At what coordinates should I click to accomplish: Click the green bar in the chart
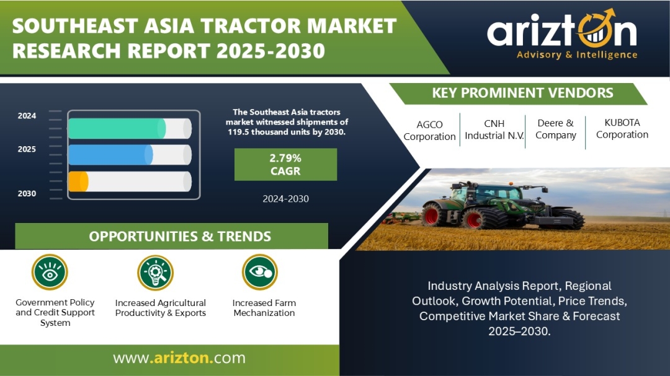(117, 128)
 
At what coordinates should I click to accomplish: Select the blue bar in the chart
(110, 154)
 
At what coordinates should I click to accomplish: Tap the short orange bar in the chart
(78, 181)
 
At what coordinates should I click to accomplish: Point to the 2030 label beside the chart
(27, 193)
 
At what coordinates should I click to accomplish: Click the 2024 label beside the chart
(27, 116)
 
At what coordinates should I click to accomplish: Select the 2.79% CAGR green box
(285, 164)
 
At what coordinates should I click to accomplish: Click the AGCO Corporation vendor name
(429, 131)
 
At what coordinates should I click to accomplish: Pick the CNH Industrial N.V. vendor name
(494, 129)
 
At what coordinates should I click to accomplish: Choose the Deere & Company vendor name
(555, 129)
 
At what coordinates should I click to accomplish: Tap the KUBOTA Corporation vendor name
(622, 128)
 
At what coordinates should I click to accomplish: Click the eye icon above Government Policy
(50, 273)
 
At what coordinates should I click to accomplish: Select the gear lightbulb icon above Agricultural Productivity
(156, 273)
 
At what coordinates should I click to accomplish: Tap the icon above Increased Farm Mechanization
(260, 272)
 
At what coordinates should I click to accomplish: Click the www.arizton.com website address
(179, 357)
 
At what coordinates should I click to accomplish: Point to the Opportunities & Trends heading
(180, 237)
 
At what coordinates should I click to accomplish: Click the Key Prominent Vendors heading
(522, 93)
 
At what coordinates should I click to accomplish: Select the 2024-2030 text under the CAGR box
(285, 199)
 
